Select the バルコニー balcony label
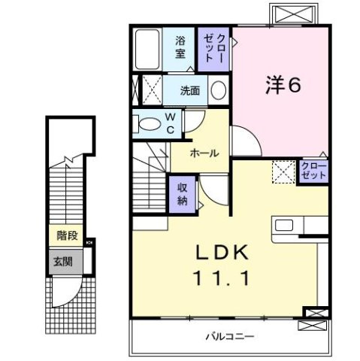230,335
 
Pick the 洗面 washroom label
189,91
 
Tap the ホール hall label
204,153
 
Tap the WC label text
170,123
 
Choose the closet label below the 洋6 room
312,169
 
